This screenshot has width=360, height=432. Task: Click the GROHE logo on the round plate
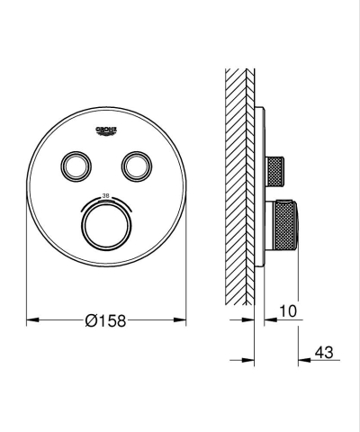[106, 131]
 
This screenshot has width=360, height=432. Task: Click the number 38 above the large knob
[106, 194]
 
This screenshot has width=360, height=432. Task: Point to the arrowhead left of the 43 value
[304, 360]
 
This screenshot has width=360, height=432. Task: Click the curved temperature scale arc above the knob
[106, 202]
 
